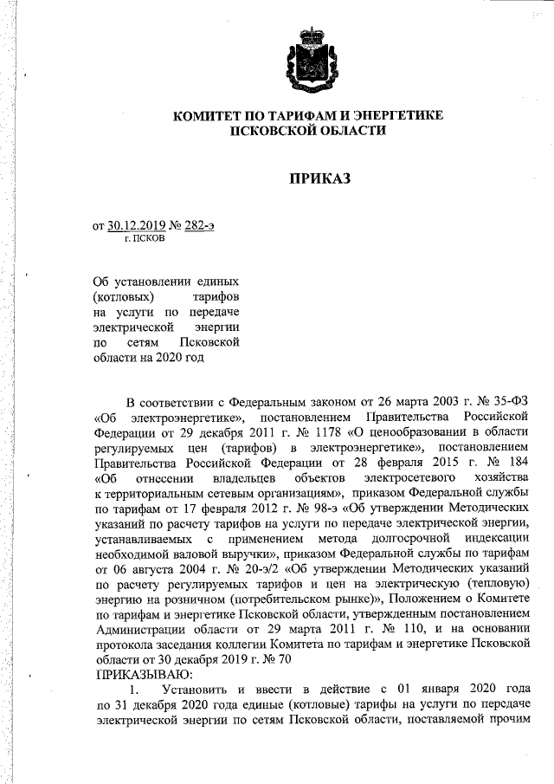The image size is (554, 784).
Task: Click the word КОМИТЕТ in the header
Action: point(209,115)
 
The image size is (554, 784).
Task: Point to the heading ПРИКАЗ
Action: point(321,179)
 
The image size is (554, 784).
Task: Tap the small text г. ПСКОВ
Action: point(143,240)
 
